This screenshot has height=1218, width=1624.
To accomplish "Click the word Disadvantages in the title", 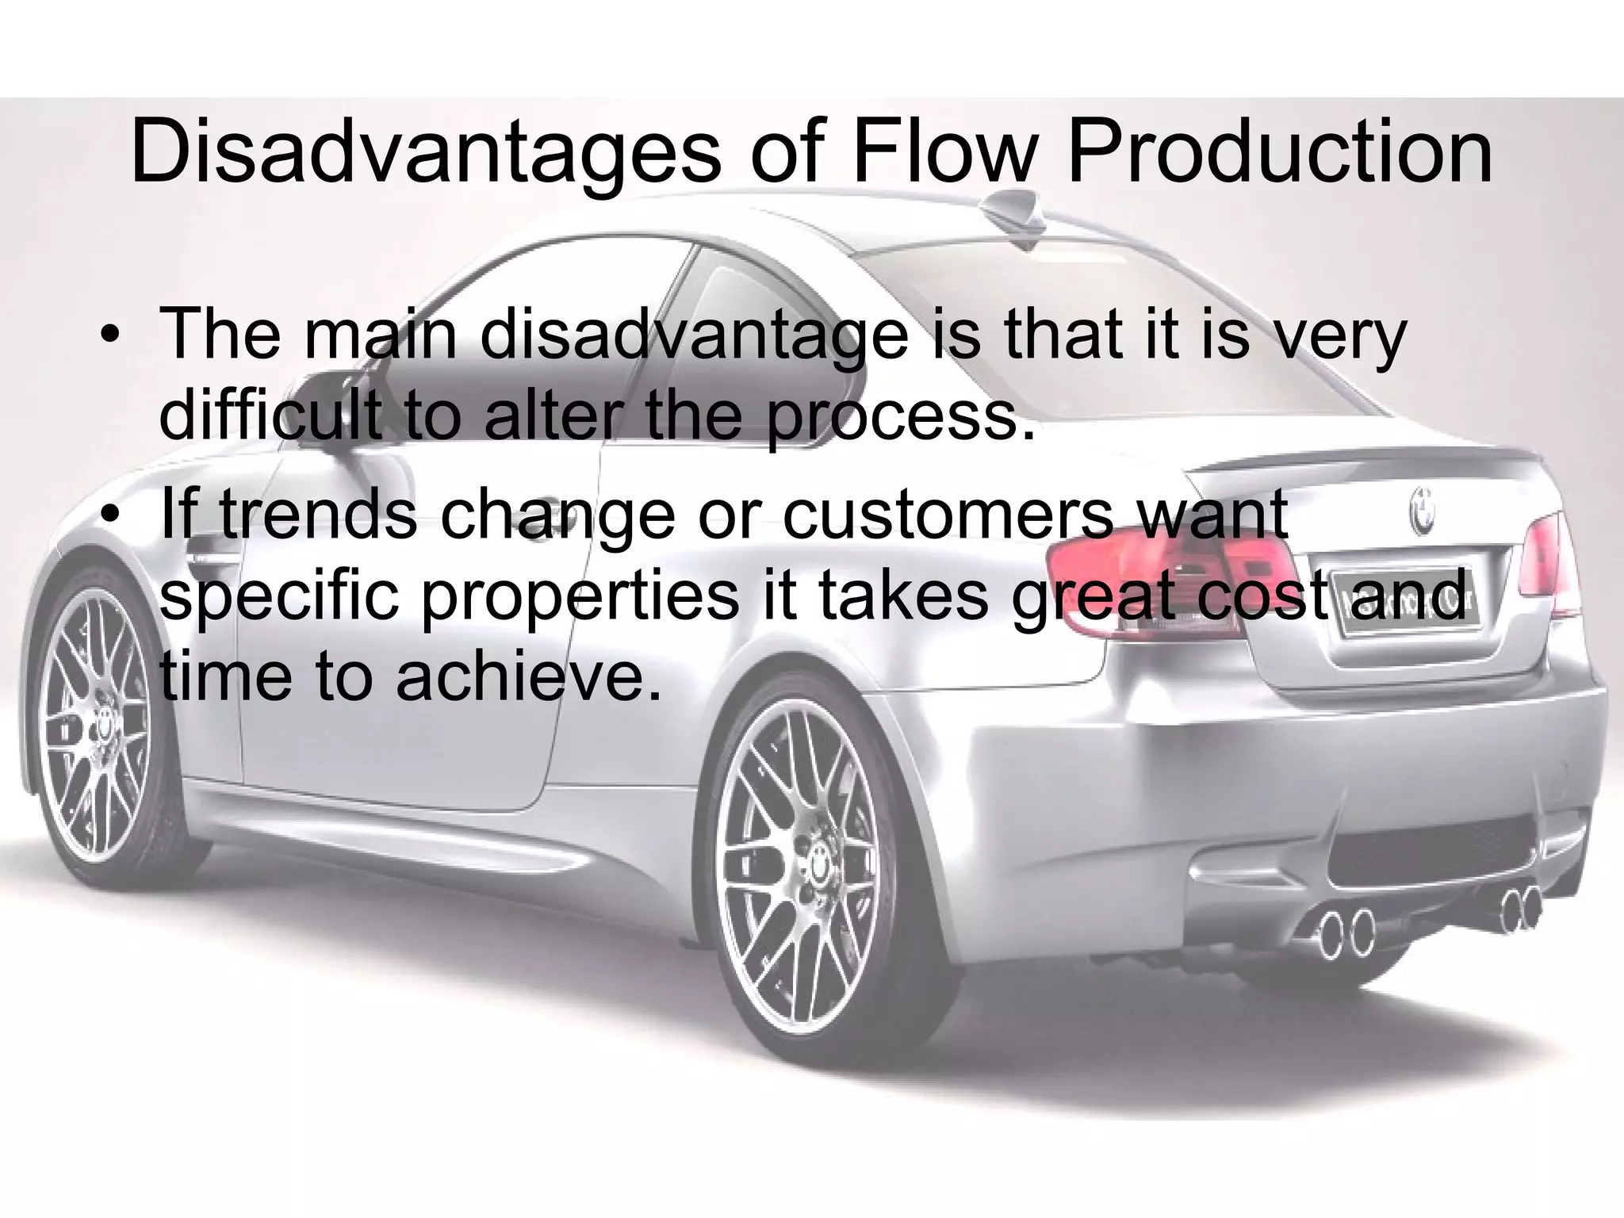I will (424, 151).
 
